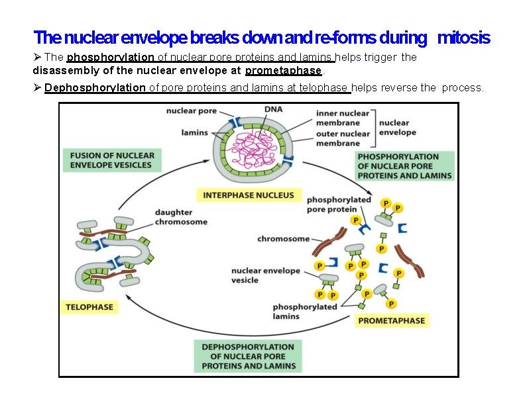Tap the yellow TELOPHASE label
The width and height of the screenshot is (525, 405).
pyautogui.click(x=89, y=307)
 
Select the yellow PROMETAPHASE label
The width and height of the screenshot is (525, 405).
pyautogui.click(x=392, y=320)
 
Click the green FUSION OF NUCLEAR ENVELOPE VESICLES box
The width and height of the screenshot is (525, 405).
pyautogui.click(x=112, y=160)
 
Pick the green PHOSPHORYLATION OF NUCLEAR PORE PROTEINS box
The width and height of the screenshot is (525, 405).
pyautogui.click(x=404, y=166)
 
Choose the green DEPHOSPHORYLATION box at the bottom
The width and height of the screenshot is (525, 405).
pyautogui.click(x=249, y=356)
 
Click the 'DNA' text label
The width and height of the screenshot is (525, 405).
pyautogui.click(x=272, y=109)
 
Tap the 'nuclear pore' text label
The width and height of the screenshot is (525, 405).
pyautogui.click(x=192, y=111)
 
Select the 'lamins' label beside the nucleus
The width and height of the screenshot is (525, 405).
pyautogui.click(x=194, y=133)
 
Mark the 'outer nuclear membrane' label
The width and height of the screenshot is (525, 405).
pyautogui.click(x=343, y=138)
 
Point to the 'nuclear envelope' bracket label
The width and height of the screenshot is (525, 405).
pyautogui.click(x=398, y=127)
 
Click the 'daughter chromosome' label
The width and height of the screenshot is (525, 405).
pyautogui.click(x=181, y=217)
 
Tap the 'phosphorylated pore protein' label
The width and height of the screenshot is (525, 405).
pyautogui.click(x=339, y=204)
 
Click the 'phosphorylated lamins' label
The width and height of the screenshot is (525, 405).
pyautogui.click(x=304, y=311)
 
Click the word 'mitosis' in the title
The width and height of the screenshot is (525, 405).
pyautogui.click(x=463, y=38)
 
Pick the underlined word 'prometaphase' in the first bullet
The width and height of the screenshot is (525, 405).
pyautogui.click(x=283, y=70)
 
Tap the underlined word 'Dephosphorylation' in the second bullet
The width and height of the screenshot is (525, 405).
pyautogui.click(x=95, y=87)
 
